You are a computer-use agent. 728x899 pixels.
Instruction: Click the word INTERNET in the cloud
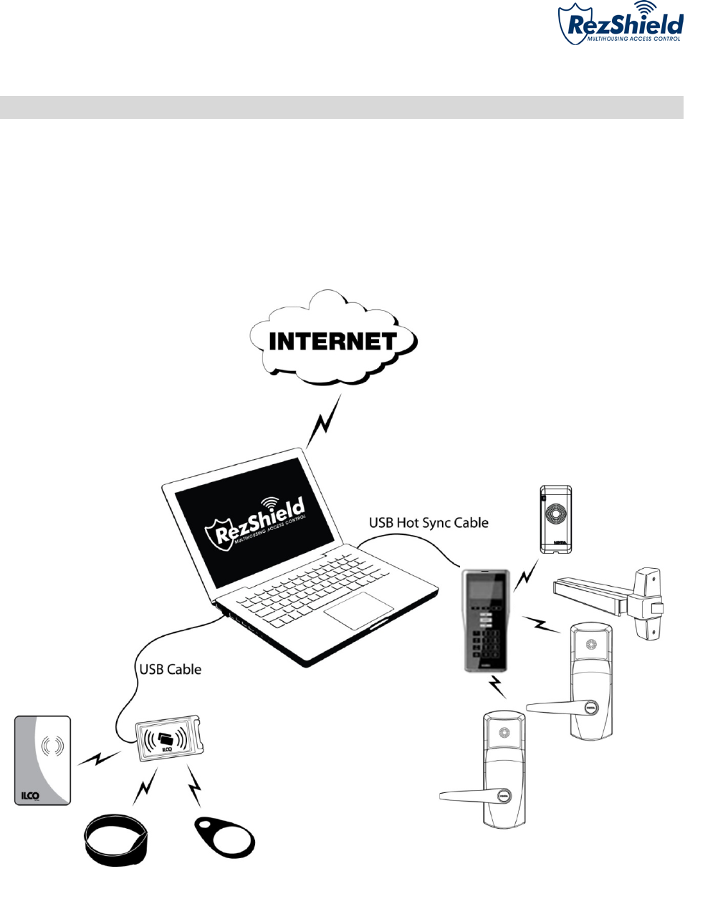(332, 342)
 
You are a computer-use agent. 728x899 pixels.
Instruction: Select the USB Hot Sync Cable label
(428, 523)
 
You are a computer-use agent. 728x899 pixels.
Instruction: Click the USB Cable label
(170, 670)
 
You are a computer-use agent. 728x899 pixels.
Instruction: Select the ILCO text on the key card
(29, 795)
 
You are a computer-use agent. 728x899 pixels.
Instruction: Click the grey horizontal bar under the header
(341, 107)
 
